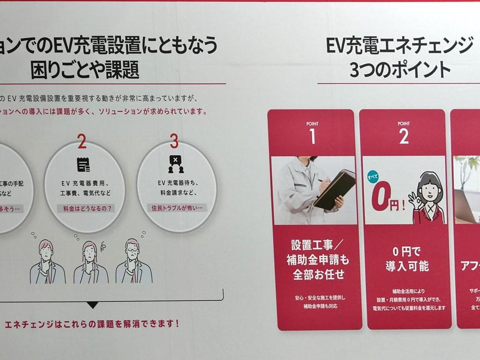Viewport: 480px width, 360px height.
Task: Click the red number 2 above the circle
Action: [82, 141]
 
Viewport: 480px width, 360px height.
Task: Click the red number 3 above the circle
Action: [174, 141]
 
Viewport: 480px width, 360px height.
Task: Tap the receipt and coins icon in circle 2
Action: [83, 165]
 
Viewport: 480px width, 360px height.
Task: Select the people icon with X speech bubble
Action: [175, 165]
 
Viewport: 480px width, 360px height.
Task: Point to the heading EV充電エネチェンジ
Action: [399, 46]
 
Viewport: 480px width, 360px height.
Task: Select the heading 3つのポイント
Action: [400, 70]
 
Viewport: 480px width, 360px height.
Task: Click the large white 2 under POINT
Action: [404, 136]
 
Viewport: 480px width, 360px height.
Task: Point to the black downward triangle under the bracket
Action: [93, 305]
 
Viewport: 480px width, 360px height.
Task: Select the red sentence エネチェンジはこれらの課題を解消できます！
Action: [92, 324]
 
